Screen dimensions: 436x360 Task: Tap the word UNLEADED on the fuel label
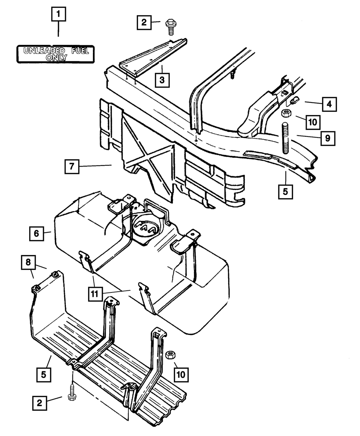(x=44, y=51)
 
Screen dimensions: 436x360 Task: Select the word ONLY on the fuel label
(x=57, y=58)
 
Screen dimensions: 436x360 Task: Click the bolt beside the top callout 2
(x=170, y=26)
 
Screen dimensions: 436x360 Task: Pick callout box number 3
(x=162, y=80)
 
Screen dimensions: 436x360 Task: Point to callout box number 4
(x=329, y=104)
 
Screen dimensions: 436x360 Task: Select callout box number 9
(x=327, y=137)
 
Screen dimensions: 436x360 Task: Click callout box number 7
(x=72, y=167)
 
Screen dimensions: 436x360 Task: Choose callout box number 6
(x=36, y=233)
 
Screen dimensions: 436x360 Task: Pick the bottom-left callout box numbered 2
(x=40, y=403)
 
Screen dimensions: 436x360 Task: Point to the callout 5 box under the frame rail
(x=285, y=191)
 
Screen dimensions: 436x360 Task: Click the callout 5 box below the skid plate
(x=43, y=375)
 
